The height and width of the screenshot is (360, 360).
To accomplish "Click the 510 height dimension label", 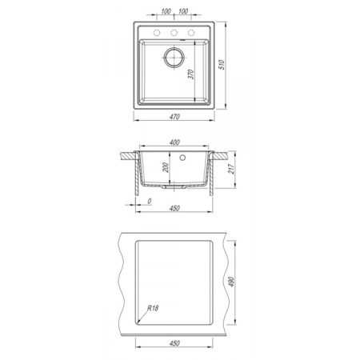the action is (222, 65).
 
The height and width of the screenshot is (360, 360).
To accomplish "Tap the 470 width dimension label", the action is (174, 117).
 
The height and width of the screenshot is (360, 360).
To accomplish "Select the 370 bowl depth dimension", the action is (191, 74).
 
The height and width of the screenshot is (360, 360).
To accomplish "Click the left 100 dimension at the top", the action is (166, 11).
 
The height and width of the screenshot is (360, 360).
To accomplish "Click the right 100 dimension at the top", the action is (183, 11).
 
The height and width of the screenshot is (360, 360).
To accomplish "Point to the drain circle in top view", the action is (174, 58).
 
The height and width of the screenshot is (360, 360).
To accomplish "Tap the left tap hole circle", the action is (157, 33).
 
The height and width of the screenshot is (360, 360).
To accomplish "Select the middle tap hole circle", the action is (174, 33).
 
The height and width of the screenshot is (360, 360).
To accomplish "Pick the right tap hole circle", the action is (191, 33).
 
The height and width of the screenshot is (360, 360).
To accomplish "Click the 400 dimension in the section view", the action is (174, 142).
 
